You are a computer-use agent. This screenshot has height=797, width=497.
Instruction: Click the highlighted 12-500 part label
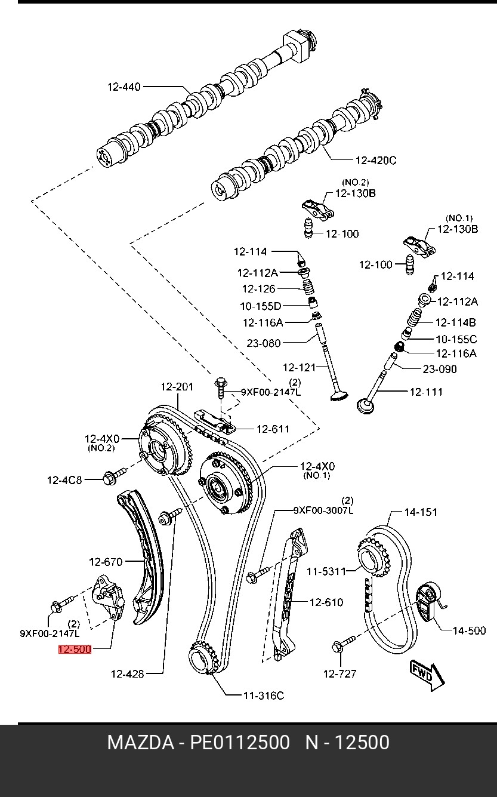click(75, 650)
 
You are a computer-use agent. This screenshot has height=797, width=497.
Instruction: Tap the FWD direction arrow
click(426, 674)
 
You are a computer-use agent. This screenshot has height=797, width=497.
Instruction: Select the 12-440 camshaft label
click(124, 87)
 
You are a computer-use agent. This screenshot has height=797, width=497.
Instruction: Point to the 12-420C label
click(375, 160)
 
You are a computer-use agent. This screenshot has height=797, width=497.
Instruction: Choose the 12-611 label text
click(273, 429)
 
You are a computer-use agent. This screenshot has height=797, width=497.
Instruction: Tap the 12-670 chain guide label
click(106, 562)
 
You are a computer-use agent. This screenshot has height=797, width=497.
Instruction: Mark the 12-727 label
click(339, 674)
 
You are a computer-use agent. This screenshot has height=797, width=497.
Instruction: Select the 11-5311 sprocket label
click(326, 571)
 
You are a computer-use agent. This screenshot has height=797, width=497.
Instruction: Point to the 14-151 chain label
click(421, 512)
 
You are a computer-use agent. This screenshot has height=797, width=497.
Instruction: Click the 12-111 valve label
click(426, 392)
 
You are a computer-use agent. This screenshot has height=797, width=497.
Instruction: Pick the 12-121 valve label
click(299, 368)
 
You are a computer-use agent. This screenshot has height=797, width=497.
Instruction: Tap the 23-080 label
click(263, 343)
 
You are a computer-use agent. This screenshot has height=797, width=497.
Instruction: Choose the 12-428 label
click(127, 674)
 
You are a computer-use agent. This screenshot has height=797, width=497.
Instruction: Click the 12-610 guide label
click(326, 602)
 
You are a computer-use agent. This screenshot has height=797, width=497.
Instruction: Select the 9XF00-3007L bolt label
click(323, 510)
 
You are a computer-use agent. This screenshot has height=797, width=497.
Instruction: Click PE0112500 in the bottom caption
click(240, 743)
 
